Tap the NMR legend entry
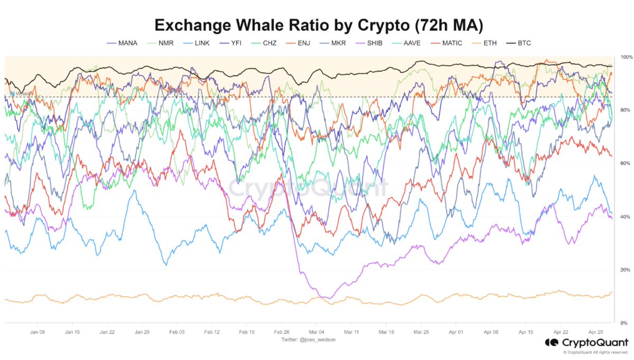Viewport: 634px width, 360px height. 161,43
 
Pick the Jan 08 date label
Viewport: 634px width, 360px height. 38,333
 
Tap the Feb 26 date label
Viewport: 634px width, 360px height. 281,333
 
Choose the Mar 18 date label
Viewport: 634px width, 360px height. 386,333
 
